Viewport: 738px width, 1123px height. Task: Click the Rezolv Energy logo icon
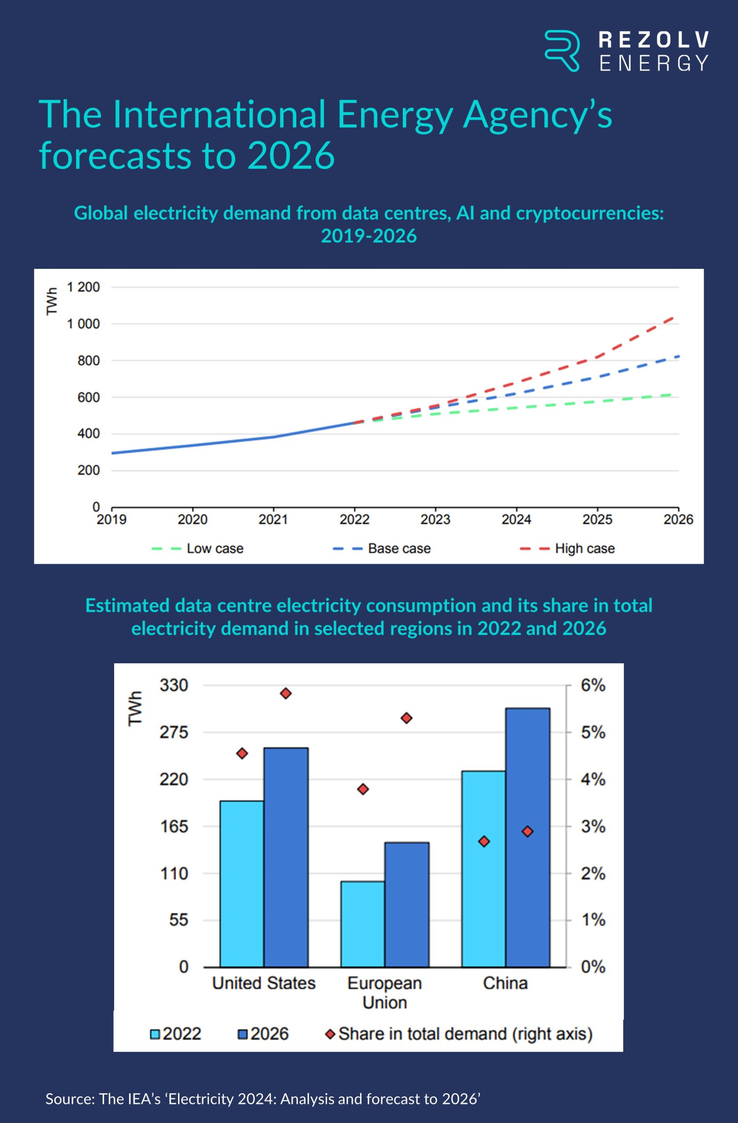coord(562,50)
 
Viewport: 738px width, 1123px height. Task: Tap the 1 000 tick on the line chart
coord(83,324)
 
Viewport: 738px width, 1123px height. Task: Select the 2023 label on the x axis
coord(435,519)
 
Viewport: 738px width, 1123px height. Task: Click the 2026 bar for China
coord(527,837)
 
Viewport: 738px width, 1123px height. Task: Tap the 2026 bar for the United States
coord(286,857)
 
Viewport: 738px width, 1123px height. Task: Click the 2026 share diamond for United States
coord(286,693)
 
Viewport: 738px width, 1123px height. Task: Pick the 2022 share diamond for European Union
coord(363,789)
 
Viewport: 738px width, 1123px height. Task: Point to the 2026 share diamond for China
coord(527,831)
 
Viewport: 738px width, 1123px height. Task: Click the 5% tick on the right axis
coord(593,732)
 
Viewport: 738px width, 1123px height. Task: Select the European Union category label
coord(384,993)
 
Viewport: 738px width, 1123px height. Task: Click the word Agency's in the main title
coord(537,114)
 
